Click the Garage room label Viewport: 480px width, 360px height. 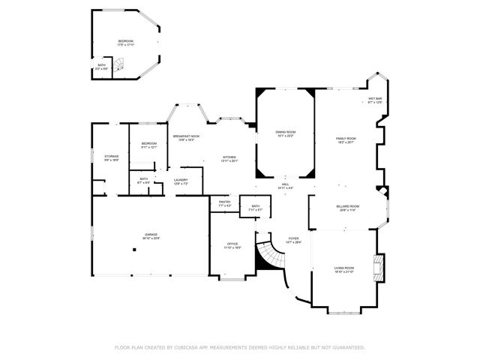(x=151, y=235)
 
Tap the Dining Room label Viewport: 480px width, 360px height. (x=286, y=132)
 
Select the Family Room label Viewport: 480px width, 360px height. (x=345, y=139)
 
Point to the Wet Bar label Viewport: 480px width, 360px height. (x=375, y=99)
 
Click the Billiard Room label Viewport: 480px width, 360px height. (x=348, y=206)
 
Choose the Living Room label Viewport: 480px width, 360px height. (x=344, y=268)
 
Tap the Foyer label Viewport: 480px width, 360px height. (x=294, y=238)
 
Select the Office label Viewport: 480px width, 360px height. (x=232, y=244)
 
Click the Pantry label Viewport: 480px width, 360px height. (x=224, y=202)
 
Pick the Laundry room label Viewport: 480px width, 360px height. (x=181, y=180)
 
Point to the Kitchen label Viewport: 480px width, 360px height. (x=229, y=157)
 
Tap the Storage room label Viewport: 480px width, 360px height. (x=111, y=157)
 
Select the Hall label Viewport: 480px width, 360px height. (x=285, y=184)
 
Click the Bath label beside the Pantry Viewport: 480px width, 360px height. (x=256, y=206)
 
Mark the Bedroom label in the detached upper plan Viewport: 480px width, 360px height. (x=125, y=41)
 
